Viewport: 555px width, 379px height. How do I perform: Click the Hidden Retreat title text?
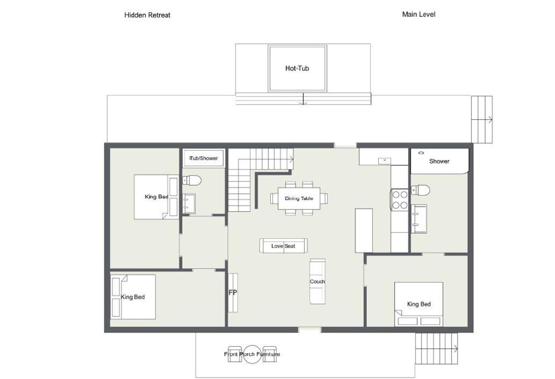pos(147,15)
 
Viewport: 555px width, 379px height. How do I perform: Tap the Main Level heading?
pos(419,15)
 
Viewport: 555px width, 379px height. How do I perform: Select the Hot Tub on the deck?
pos(297,68)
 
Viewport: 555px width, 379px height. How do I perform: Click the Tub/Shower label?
pos(204,159)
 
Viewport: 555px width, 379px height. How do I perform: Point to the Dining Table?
pos(299,198)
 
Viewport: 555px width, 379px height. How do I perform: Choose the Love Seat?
pos(284,246)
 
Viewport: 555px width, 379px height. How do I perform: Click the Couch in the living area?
pos(318,281)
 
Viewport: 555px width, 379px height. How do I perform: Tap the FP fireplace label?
pos(233,292)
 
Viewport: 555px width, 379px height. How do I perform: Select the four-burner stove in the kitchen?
pos(400,199)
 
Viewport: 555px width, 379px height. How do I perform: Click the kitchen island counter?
pos(364,231)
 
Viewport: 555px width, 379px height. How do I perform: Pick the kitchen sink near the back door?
pos(384,161)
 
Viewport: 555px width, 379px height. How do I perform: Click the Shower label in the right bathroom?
pos(439,161)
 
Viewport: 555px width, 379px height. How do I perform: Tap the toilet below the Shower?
pos(421,190)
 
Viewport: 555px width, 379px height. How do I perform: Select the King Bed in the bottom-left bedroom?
pos(133,297)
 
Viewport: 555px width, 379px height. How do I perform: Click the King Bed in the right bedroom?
pos(419,304)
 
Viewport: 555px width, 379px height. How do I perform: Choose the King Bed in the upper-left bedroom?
pos(156,197)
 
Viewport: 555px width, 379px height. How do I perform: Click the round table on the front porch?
pos(251,354)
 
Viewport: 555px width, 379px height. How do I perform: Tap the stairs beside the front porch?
pos(436,348)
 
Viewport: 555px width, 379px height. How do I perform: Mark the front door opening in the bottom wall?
pos(309,330)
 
